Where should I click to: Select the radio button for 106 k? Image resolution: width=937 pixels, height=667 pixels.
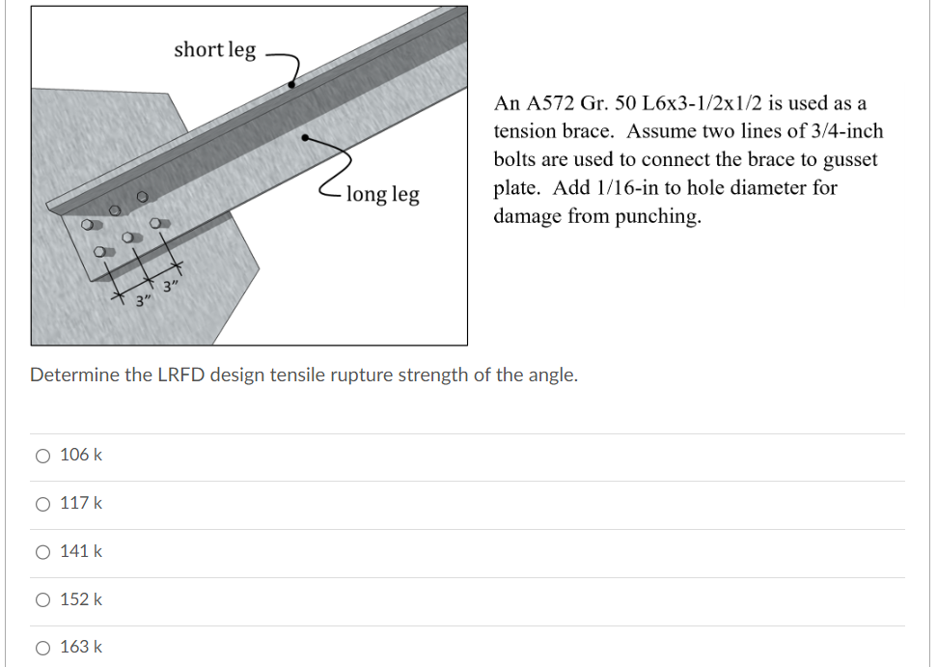click(x=41, y=455)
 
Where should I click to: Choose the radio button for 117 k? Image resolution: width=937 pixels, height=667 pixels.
click(x=41, y=503)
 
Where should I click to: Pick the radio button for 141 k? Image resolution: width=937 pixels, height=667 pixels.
click(x=41, y=551)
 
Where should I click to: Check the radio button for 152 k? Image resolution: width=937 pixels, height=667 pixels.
click(x=41, y=599)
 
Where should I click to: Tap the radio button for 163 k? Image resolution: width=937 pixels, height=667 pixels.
click(x=41, y=648)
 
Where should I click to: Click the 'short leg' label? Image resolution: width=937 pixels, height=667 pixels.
click(x=214, y=49)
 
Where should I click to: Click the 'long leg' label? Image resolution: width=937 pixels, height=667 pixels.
click(x=382, y=194)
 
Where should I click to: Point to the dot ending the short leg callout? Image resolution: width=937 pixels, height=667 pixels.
click(x=291, y=86)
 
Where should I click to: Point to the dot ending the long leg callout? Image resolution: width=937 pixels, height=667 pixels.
click(x=306, y=138)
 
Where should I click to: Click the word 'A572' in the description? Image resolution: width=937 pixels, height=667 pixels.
click(x=550, y=103)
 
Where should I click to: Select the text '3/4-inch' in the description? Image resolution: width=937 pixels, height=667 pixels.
click(x=845, y=131)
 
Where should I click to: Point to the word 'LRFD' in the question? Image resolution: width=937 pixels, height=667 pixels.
click(x=180, y=375)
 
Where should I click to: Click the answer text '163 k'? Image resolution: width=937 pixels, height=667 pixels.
click(x=81, y=648)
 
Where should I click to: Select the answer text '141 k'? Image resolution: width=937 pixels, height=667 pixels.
click(x=81, y=551)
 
